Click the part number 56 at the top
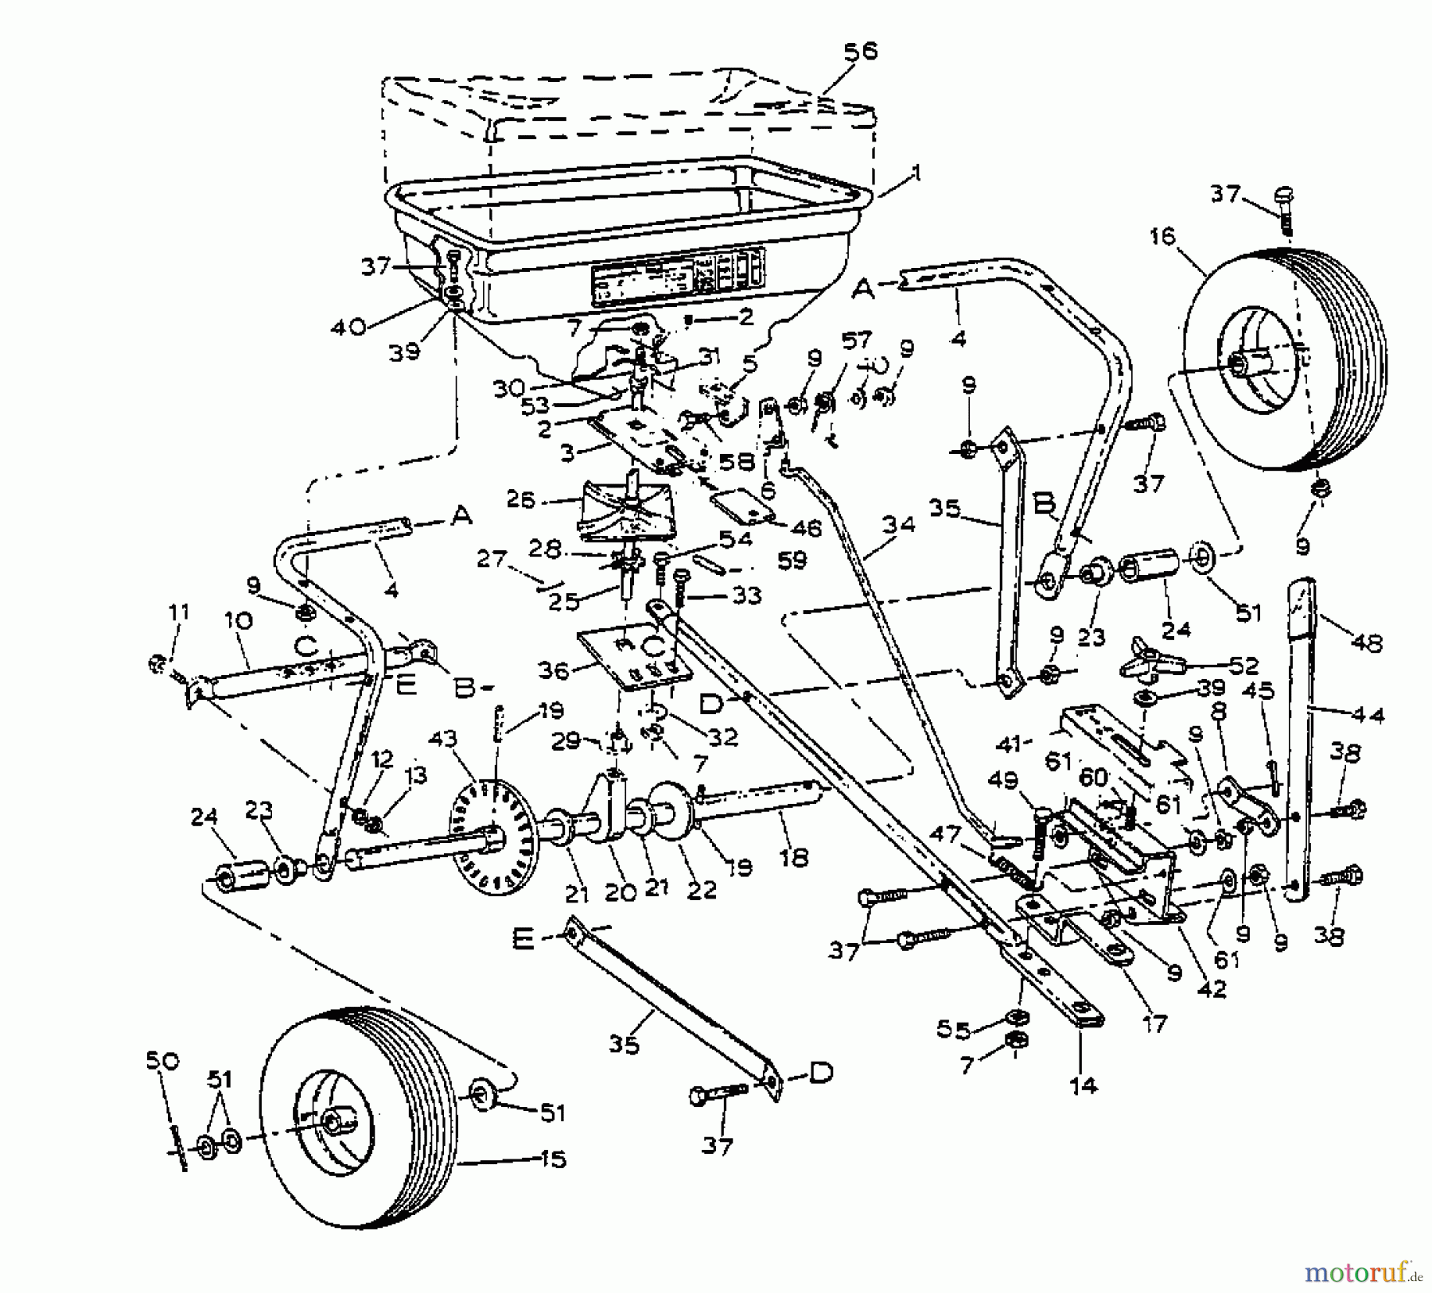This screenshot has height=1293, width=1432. pos(860,52)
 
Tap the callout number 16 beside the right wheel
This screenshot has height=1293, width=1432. pos(1162,237)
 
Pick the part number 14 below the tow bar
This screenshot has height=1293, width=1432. pos(1084,1085)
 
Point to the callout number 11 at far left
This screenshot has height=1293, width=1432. pos(179,613)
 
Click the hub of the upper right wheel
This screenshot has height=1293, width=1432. pos(1237,363)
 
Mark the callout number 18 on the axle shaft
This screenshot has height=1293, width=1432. pos(794,857)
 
